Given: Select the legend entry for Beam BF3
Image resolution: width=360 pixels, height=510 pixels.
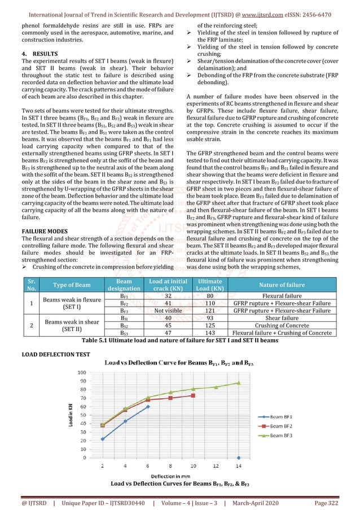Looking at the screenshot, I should (x=296, y=435).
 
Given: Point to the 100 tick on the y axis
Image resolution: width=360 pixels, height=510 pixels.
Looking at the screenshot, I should (x=81, y=373).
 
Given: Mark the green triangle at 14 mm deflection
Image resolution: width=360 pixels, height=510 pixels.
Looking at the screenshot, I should (x=238, y=383).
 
